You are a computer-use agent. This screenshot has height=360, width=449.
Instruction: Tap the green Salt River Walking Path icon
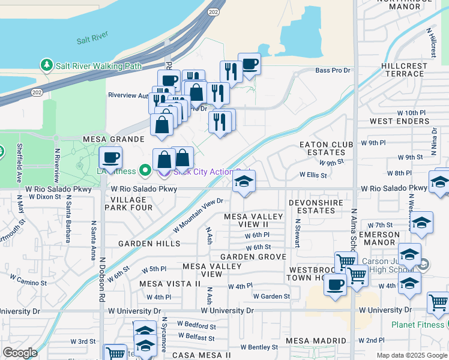(x=46, y=64)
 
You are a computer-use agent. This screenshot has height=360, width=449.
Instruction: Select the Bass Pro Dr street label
(x=333, y=70)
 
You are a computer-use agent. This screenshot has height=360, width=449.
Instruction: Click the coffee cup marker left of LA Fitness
(x=110, y=158)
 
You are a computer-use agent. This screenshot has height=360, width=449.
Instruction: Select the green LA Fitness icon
(x=145, y=171)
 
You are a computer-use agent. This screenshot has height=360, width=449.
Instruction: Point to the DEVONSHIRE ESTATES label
(x=316, y=207)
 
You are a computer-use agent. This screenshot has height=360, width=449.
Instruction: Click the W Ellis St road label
(x=313, y=176)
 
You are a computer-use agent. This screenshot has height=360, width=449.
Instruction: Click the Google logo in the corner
(x=20, y=353)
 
